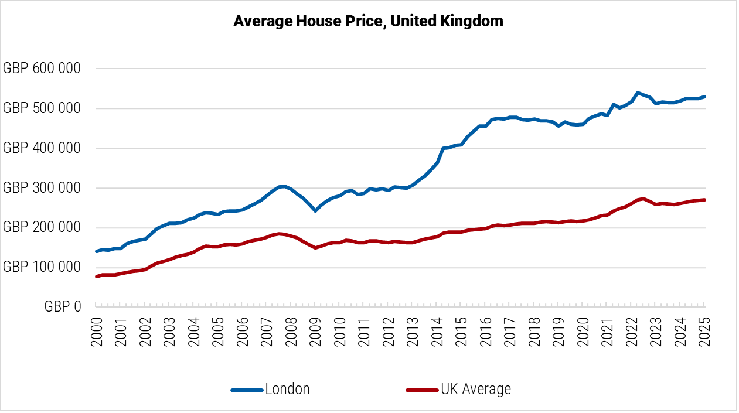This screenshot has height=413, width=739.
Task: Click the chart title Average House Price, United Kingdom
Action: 368,21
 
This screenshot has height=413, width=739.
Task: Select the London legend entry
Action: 287,389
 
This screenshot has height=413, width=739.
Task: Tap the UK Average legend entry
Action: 475,389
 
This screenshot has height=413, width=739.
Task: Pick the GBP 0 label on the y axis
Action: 63,307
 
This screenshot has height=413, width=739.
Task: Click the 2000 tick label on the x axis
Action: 97,333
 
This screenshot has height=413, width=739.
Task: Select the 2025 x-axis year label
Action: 704,333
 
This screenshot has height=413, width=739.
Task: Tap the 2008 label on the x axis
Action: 291,333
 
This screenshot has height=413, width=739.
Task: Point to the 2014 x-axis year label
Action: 437,333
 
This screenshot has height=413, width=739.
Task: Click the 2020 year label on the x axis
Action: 583,333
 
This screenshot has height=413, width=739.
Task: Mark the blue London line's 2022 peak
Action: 638,93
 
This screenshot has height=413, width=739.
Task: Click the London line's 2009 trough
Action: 315,210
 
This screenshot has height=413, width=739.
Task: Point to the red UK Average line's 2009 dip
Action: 315,248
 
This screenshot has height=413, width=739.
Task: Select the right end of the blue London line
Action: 704,97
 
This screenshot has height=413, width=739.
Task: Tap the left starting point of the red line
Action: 97,276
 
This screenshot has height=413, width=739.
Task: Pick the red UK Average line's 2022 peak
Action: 643,199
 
